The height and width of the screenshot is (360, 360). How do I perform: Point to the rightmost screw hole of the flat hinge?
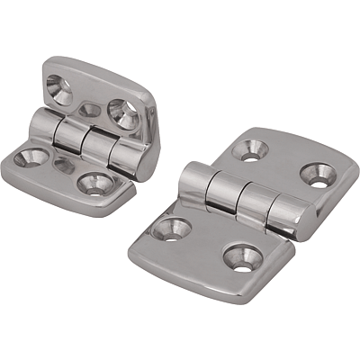pos(316,175)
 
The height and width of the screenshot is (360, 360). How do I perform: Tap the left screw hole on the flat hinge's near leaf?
pos(174,226)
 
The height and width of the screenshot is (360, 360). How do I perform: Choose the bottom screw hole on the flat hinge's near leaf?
pos(240,257)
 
